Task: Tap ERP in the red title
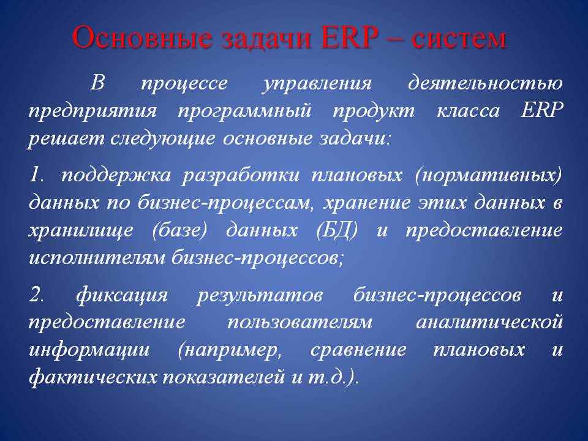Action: pos(349,38)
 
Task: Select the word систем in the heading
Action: pos(459,39)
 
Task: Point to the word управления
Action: pos(317,84)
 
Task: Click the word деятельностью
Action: pos(486,83)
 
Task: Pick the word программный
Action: pos(244,111)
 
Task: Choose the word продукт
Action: pos(374,111)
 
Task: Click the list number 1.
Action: pos(37,175)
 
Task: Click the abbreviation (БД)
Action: pos(337,230)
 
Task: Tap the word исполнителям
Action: pos(97,258)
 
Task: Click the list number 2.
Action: pos(37,295)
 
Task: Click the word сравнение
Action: pos(358,350)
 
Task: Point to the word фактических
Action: pos(92,377)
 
